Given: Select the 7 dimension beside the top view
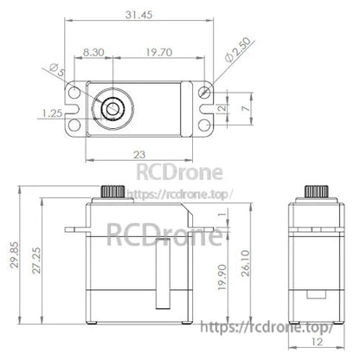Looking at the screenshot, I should point(247,109).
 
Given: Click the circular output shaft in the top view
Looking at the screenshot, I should point(112,107).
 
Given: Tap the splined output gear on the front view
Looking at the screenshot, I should point(111,190).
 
